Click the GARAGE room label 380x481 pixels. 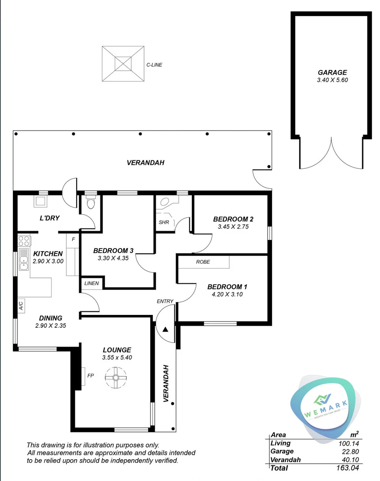[332, 73]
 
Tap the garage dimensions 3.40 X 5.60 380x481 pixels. [332, 80]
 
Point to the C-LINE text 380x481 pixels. [154, 65]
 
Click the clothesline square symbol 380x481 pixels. [124, 64]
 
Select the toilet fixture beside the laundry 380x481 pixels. [91, 204]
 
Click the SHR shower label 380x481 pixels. [164, 222]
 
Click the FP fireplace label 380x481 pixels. [90, 375]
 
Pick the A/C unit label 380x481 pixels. [21, 306]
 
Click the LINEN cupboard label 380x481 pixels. [92, 283]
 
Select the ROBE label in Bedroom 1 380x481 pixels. [203, 262]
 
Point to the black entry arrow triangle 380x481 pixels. [165, 330]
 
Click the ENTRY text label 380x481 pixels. [165, 302]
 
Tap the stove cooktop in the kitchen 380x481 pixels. [24, 241]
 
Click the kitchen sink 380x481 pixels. [24, 262]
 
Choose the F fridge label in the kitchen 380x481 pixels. [73, 239]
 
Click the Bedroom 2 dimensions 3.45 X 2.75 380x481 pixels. [233, 227]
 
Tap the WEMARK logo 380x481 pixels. [325, 407]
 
